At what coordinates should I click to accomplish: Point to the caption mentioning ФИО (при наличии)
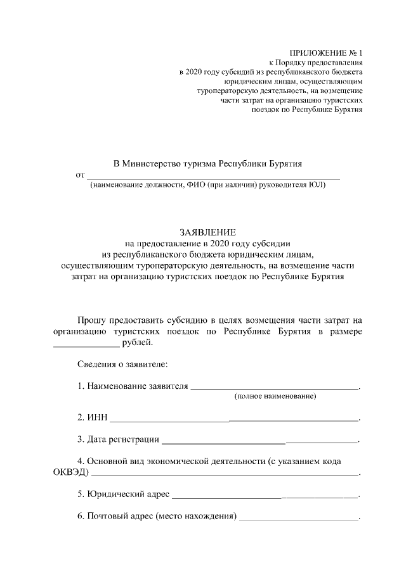pos(207,185)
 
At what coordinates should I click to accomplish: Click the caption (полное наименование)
pos(275,396)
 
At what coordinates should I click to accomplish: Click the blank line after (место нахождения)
pos(298,518)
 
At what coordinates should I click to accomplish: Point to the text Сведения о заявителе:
pos(122,364)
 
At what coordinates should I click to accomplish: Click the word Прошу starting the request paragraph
pos(93,321)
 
